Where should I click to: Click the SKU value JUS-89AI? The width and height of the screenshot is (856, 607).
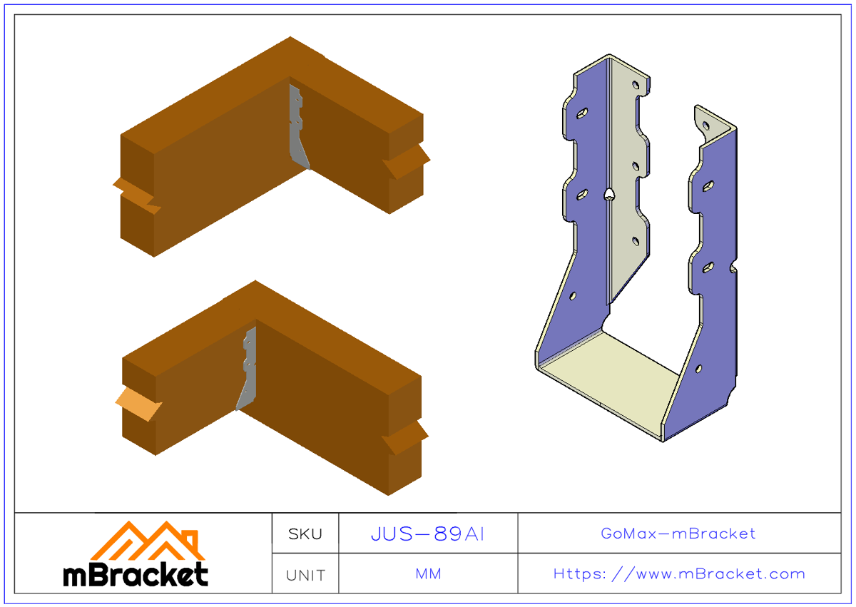coord(427,534)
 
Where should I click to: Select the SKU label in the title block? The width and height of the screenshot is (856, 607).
coord(305,534)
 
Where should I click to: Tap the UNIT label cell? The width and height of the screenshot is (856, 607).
coord(305,575)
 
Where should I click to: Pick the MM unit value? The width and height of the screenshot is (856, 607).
coord(428,574)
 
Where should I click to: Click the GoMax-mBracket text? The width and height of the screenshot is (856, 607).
coord(678,534)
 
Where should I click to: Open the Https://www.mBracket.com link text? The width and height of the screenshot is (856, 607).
coord(679,574)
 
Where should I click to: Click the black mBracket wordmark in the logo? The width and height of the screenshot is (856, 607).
coord(136,575)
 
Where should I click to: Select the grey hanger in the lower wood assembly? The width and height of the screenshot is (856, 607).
coord(247,371)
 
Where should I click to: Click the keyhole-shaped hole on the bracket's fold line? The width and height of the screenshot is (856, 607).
coord(608,193)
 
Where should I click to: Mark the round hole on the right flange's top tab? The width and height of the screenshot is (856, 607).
coord(705,125)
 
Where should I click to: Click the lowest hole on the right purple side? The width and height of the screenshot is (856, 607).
coord(698,369)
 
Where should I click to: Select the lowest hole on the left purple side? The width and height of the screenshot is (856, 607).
coord(573,295)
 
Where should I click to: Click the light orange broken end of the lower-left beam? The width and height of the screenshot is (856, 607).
coord(138,404)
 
